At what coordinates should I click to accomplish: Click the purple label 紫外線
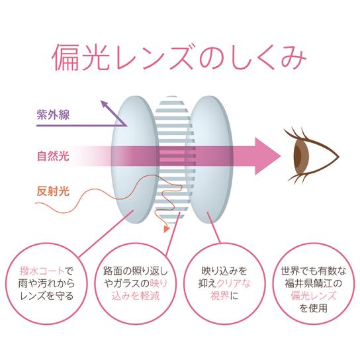pos(53,114)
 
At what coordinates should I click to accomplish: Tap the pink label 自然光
pos(53,156)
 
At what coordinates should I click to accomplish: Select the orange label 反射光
pos(53,191)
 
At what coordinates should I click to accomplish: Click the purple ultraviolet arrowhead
pos(105,104)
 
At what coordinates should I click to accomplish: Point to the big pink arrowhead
pos(267,156)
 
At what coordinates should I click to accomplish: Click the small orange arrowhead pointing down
pos(167,229)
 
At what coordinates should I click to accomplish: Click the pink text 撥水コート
pos(42,271)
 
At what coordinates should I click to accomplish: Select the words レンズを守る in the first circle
pos(47,296)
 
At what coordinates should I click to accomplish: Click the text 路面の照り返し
pos(136,271)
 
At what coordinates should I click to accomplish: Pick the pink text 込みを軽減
pos(136,296)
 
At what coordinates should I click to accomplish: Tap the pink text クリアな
pos(234,283)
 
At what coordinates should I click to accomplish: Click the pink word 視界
pos(220,296)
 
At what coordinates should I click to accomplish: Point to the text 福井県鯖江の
pos(314,283)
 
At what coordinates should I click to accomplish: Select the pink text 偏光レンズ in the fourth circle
pos(314,296)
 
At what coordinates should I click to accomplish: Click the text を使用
pos(314,308)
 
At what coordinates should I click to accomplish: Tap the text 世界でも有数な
pos(314,271)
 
